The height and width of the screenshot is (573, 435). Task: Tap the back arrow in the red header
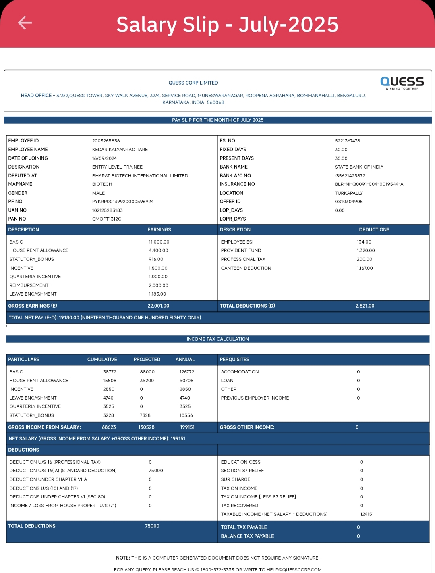[25, 23]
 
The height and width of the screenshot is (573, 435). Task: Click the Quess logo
[402, 83]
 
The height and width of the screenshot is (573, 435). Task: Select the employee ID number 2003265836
[106, 141]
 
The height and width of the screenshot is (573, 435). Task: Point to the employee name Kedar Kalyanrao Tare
[120, 150]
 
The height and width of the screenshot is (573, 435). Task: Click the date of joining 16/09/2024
[104, 158]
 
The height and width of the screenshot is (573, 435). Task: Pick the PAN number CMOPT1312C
[107, 219]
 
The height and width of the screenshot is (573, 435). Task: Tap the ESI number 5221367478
[348, 141]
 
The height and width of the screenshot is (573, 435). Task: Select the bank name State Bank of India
[359, 167]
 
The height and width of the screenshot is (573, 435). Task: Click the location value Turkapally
[349, 193]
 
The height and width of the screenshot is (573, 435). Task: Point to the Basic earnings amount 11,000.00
[159, 242]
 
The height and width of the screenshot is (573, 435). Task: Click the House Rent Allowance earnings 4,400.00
[158, 250]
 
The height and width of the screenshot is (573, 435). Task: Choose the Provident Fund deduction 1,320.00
[366, 250]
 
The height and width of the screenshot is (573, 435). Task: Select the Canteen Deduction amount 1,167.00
[365, 268]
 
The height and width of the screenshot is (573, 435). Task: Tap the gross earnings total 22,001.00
[158, 306]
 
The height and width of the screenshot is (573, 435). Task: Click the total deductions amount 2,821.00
[365, 306]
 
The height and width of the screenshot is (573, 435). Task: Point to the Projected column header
[147, 360]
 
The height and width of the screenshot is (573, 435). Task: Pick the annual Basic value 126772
[187, 372]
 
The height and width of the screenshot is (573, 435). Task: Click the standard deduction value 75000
[156, 471]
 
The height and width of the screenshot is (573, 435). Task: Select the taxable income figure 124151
[367, 514]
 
